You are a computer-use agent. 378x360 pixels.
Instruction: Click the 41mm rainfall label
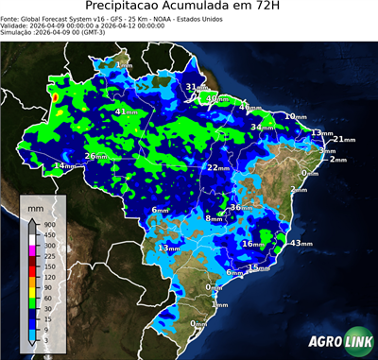pos(124,111)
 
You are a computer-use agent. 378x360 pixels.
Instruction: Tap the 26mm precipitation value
pos(95,156)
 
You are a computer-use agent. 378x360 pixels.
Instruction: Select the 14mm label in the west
pos(64,166)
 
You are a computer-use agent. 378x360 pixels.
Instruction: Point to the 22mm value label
pos(218,167)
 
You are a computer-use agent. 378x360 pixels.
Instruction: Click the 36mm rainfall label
pos(242,207)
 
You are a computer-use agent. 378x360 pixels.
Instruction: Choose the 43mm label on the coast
pos(301,243)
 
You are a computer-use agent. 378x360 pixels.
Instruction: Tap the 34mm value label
pos(262,127)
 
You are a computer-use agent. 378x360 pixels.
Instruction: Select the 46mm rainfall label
pos(249,107)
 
